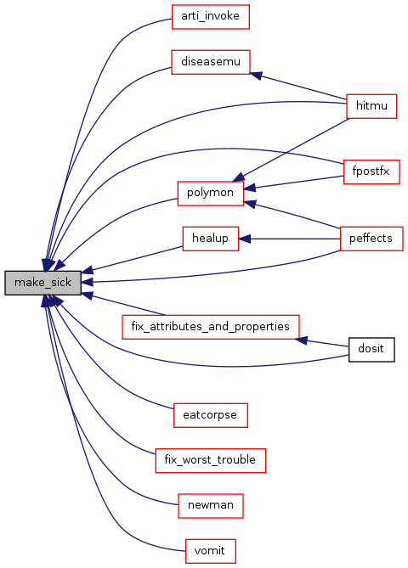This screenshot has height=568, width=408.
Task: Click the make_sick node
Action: point(42,283)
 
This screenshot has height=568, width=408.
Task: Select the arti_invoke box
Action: point(210,17)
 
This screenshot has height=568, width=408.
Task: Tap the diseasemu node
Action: point(210,62)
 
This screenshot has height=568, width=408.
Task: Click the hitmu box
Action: point(371,106)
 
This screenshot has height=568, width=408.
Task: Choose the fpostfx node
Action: point(371,172)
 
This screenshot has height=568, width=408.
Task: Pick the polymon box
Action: point(210,194)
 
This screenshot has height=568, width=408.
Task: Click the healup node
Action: point(210,239)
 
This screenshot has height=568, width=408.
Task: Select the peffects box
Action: point(371,239)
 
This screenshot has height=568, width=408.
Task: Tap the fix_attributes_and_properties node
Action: point(210,327)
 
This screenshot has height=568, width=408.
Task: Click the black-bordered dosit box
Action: point(371,349)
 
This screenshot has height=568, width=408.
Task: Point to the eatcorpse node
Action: point(210,415)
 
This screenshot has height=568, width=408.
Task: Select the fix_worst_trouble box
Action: point(210,460)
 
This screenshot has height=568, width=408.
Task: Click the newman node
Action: point(210,506)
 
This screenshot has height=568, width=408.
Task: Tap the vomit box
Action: point(210,551)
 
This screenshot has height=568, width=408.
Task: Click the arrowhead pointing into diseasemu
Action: point(256,76)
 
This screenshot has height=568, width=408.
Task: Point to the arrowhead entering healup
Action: point(245,239)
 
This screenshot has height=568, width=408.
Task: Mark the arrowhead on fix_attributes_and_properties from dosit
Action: point(302,340)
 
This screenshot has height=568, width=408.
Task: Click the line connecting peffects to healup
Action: point(289,239)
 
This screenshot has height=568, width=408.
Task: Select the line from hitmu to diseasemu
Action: point(298,87)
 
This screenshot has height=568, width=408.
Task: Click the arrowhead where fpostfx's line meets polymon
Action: point(250,188)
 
